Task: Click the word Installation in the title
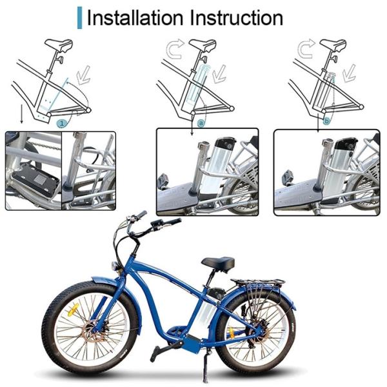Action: coord(135,18)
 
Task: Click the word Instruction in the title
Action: coord(237,18)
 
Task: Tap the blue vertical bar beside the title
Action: coord(79,18)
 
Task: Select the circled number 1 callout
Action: coord(62,123)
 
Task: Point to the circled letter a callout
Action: coord(201,123)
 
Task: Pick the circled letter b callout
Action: coord(327,121)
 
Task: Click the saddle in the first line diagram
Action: coord(59,45)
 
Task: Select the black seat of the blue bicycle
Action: coord(218,264)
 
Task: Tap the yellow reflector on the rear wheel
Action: coord(232,333)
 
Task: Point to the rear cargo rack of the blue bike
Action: coord(257,282)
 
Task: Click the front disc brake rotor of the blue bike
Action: coord(93,332)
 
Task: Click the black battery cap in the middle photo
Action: coord(225,145)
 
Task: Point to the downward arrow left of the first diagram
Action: coord(22,114)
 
